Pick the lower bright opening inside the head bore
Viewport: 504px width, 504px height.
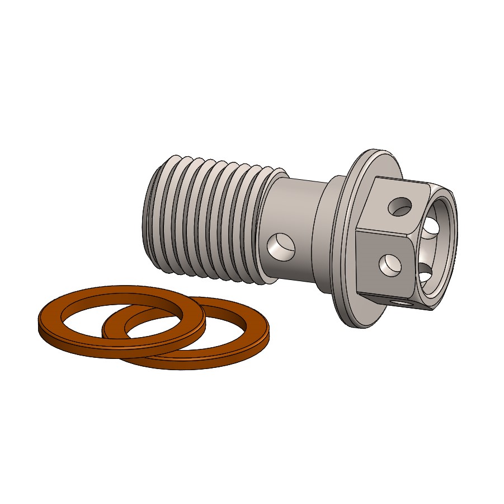coord(426,277)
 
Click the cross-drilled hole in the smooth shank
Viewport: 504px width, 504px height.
coord(281,247)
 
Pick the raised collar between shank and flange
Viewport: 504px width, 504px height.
coord(327,235)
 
